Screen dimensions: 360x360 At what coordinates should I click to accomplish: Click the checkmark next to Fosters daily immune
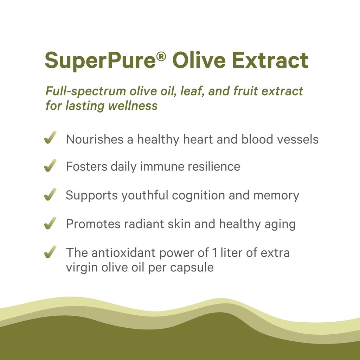click(50, 166)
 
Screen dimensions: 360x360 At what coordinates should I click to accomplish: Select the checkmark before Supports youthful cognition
click(50, 195)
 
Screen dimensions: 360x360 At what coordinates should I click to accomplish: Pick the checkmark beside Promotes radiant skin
click(50, 224)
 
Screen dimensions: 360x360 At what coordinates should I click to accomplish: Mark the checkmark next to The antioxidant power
click(50, 252)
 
